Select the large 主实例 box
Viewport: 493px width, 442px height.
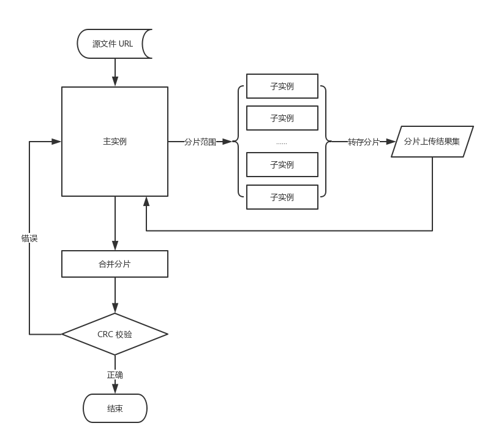[x=115, y=142]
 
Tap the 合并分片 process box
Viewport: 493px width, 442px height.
[x=115, y=264]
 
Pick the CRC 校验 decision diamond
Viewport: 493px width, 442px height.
[x=115, y=335]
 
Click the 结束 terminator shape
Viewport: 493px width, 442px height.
[x=115, y=408]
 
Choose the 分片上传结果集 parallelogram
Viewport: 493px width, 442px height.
[x=432, y=142]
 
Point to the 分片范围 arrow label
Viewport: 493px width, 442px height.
[x=200, y=142]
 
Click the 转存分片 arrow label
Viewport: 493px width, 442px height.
[x=364, y=142]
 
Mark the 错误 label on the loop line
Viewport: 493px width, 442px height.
[x=29, y=238]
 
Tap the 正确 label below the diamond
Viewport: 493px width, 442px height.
[x=115, y=375]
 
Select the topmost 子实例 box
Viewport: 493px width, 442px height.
[x=282, y=86]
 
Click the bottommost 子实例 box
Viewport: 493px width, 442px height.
[x=282, y=197]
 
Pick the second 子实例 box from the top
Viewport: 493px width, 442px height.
[x=282, y=118]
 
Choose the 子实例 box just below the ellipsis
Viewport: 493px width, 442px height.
[x=282, y=165]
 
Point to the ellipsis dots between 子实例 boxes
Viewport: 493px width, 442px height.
[x=282, y=143]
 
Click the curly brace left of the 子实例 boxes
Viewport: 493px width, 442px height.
[x=239, y=142]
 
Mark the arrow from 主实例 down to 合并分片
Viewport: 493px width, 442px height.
[x=115, y=224]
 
